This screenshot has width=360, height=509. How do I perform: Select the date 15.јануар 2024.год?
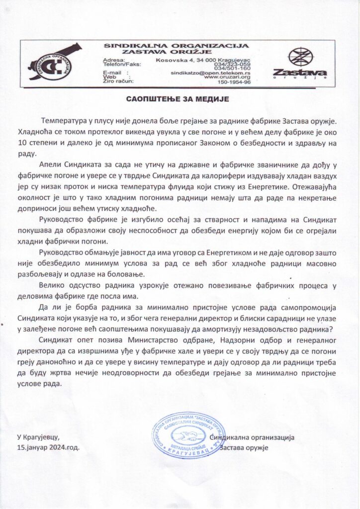click(x=48, y=447)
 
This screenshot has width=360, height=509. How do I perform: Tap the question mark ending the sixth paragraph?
click(x=331, y=329)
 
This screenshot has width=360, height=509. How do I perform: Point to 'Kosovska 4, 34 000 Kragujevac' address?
click(x=203, y=60)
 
